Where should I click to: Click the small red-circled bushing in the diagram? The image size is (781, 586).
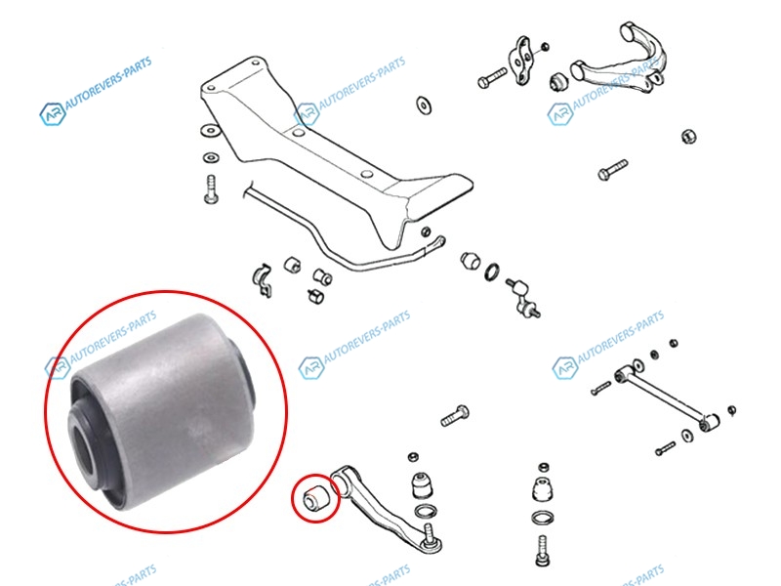tap(314, 498)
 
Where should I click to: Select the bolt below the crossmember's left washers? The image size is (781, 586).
tap(211, 188)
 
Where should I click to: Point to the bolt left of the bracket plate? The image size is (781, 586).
tap(492, 78)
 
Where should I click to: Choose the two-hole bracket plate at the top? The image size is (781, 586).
tap(521, 61)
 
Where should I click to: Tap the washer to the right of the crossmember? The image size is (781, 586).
tap(424, 105)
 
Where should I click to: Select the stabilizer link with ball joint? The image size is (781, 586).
tap(523, 297)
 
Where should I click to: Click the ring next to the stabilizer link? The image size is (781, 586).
tap(492, 272)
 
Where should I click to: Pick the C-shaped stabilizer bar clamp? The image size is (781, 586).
tap(264, 280)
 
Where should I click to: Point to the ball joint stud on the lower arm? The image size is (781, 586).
tap(432, 536)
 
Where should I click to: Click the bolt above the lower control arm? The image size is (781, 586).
tap(454, 416)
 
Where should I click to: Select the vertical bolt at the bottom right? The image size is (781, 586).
tap(543, 550)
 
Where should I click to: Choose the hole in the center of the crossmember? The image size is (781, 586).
tap(299, 133)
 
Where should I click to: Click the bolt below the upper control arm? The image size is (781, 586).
tap(612, 170)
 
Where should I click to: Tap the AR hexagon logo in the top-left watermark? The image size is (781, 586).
tap(53, 114)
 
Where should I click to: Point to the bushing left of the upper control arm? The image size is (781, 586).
tap(558, 82)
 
